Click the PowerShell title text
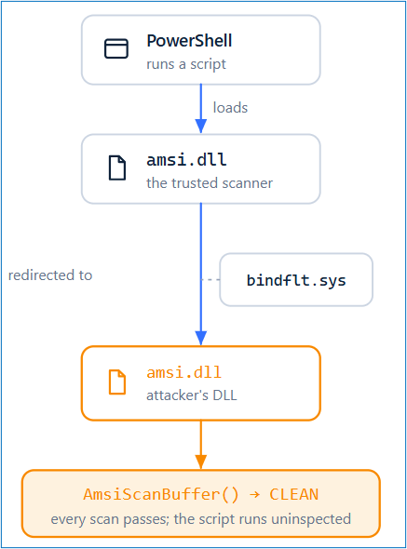pyautogui.click(x=189, y=41)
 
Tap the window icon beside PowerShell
pyautogui.click(x=116, y=48)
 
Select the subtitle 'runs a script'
pyautogui.click(x=186, y=64)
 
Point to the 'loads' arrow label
pyautogui.click(x=230, y=108)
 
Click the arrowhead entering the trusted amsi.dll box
pyautogui.click(x=201, y=126)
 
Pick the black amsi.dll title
pyautogui.click(x=186, y=160)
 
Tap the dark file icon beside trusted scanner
pyautogui.click(x=117, y=167)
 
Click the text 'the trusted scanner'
pyautogui.click(x=210, y=183)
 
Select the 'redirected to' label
pyautogui.click(x=50, y=275)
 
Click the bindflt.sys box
pyautogui.click(x=296, y=280)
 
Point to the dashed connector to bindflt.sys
pyautogui.click(x=210, y=279)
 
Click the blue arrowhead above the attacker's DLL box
pyautogui.click(x=201, y=338)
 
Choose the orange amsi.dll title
pyautogui.click(x=184, y=372)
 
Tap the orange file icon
pyautogui.click(x=117, y=382)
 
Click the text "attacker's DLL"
pyautogui.click(x=192, y=395)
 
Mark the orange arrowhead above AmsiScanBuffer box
pyautogui.click(x=201, y=462)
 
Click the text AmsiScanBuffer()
pyautogui.click(x=161, y=495)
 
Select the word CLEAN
pyautogui.click(x=293, y=494)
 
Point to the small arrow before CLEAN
pyautogui.click(x=254, y=495)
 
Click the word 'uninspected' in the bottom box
pyautogui.click(x=311, y=519)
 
